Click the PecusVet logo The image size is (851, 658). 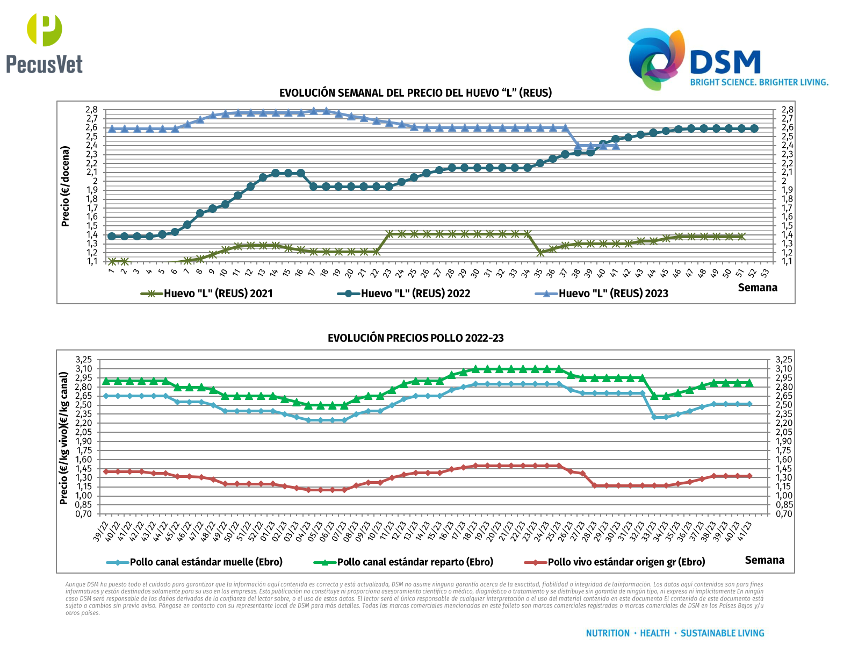tap(45, 44)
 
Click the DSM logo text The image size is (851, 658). tap(725, 62)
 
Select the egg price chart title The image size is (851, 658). tap(415, 92)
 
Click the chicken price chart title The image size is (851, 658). tap(415, 338)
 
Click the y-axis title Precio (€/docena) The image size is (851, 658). tap(66, 186)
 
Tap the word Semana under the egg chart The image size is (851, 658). tap(758, 288)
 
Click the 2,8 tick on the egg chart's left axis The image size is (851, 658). tap(91, 110)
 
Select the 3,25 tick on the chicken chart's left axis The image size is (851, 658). tap(84, 360)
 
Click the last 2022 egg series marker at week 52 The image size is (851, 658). tap(754, 128)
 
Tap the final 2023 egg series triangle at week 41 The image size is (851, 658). tap(616, 146)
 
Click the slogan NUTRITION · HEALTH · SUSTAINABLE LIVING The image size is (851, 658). tap(675, 633)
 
